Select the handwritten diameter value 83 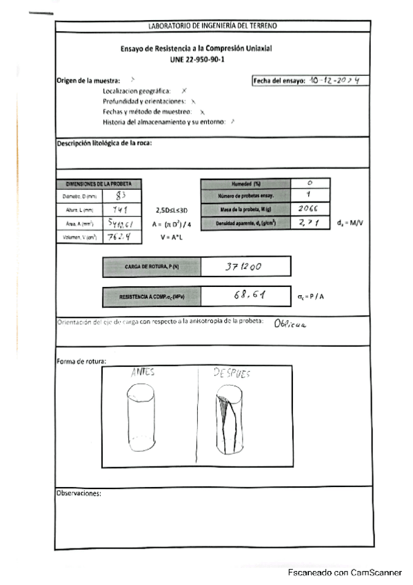(x=119, y=196)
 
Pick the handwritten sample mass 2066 (x=308, y=209)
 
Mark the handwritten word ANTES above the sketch (x=143, y=373)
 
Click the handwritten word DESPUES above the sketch (x=231, y=373)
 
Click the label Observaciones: (x=79, y=493)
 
